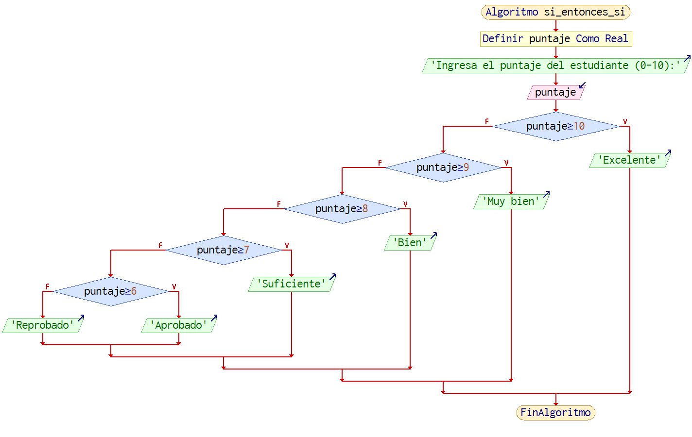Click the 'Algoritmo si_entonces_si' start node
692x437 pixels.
click(555, 12)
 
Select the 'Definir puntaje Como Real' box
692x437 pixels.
click(555, 39)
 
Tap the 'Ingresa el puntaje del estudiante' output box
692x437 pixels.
click(555, 66)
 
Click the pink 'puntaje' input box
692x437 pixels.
click(555, 92)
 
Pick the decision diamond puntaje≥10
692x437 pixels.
click(555, 126)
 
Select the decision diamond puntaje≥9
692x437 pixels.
click(443, 168)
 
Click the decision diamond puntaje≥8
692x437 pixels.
click(342, 209)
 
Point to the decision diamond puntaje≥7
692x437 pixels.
click(223, 250)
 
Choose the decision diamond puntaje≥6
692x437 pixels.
click(110, 291)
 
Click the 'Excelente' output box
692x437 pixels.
click(629, 160)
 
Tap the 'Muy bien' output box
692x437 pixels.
click(511, 202)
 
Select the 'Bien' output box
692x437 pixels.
click(410, 243)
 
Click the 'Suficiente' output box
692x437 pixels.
click(291, 284)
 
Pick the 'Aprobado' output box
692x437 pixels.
click(178, 325)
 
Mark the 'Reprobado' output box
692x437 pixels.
click(42, 325)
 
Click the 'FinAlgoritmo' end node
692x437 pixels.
click(555, 413)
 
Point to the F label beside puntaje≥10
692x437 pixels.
click(487, 121)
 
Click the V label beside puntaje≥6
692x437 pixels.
click(174, 286)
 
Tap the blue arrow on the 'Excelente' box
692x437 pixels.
click(668, 152)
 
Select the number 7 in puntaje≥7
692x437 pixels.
click(246, 250)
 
